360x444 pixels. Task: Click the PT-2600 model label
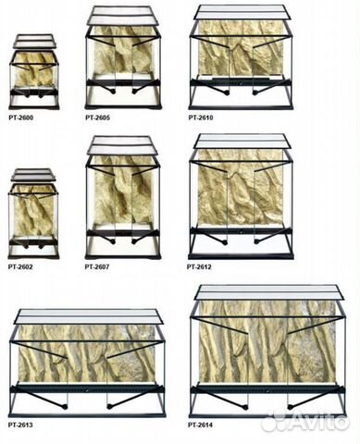(20, 117)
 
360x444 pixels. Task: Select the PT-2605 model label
(97, 117)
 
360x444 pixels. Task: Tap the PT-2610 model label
(201, 117)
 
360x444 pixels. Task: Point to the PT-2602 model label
(20, 266)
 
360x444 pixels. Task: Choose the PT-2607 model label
(97, 266)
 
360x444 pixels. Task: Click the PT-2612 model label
(199, 266)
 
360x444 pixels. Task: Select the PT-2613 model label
(20, 425)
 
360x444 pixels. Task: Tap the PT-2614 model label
(201, 425)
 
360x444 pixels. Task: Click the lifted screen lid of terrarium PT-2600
(34, 41)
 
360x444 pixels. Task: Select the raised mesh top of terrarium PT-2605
(123, 16)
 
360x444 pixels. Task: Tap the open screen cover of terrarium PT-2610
(242, 12)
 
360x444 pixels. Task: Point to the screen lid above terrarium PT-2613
(90, 316)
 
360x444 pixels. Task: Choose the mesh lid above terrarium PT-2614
(269, 292)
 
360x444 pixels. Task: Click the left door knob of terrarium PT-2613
(65, 407)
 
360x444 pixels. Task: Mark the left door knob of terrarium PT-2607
(114, 242)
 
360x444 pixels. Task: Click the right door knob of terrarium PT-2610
(254, 92)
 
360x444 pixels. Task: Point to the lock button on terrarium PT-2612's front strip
(242, 231)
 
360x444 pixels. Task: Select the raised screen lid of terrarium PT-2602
(33, 175)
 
